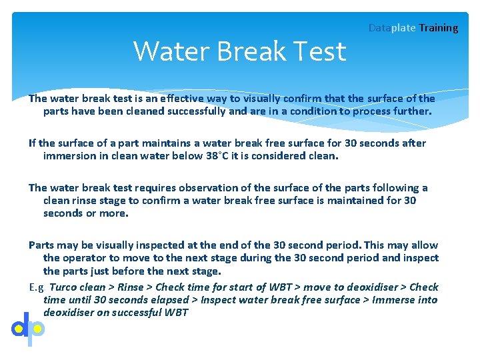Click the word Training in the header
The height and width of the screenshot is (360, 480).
439,28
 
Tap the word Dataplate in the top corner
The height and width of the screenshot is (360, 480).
392,28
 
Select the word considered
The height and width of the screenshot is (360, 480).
289,156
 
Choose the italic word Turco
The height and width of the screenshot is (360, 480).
64,287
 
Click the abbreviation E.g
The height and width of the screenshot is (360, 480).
37,287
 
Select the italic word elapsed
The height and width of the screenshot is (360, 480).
168,300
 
